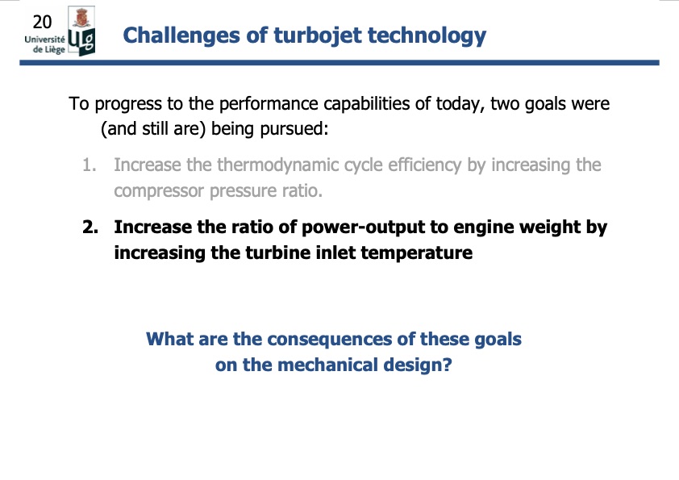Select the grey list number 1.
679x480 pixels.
pos(89,165)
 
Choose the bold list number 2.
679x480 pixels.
pos(90,227)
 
